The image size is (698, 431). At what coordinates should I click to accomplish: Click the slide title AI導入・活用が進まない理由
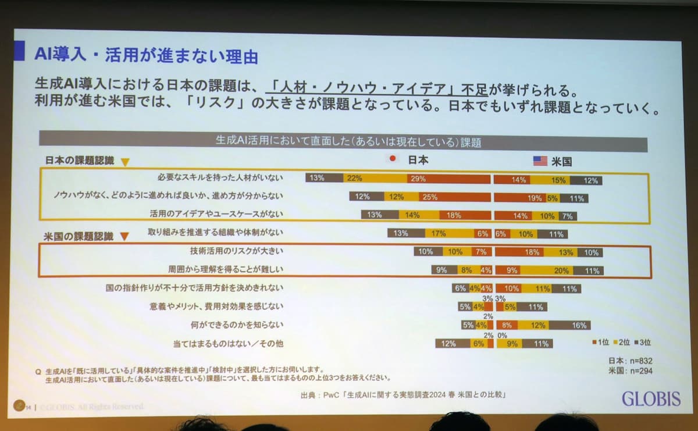146,56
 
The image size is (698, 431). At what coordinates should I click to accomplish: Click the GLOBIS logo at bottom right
651,398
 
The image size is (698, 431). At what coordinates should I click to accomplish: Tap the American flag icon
540,161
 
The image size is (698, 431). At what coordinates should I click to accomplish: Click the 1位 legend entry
601,341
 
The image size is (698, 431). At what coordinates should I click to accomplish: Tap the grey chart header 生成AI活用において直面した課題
343,141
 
